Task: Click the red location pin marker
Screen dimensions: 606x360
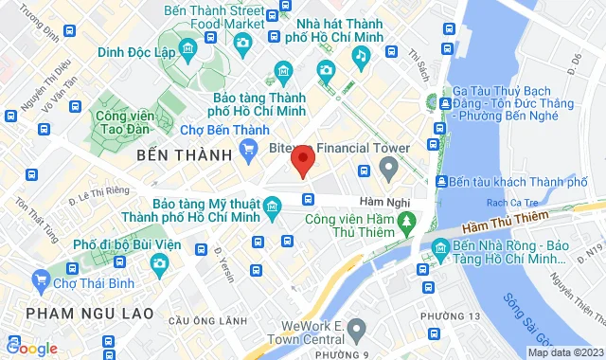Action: click(302, 160)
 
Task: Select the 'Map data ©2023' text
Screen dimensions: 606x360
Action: click(563, 352)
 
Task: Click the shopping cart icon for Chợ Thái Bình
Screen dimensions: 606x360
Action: click(41, 279)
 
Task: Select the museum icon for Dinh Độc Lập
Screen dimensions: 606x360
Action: click(187, 47)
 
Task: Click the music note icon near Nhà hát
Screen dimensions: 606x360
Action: click(360, 56)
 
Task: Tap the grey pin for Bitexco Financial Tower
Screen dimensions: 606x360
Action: click(387, 169)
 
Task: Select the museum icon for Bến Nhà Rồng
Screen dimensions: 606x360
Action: click(439, 250)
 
